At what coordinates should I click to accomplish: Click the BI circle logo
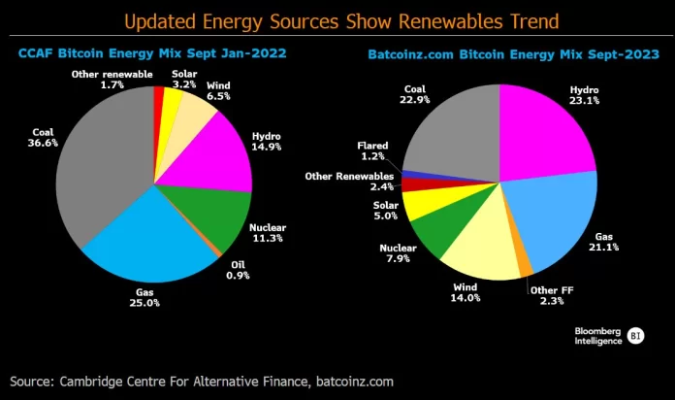click(x=636, y=336)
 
